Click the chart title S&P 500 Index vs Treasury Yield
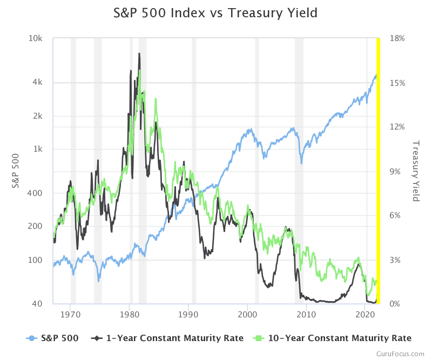click(x=216, y=12)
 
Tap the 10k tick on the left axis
click(x=36, y=39)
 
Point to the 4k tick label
click(x=37, y=83)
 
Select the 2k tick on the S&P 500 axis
click(x=37, y=116)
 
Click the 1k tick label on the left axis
click(x=37, y=149)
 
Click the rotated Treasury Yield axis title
click(x=416, y=171)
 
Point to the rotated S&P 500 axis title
click(x=16, y=171)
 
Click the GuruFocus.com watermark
click(x=401, y=354)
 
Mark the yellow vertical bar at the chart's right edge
click(x=378, y=171)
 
